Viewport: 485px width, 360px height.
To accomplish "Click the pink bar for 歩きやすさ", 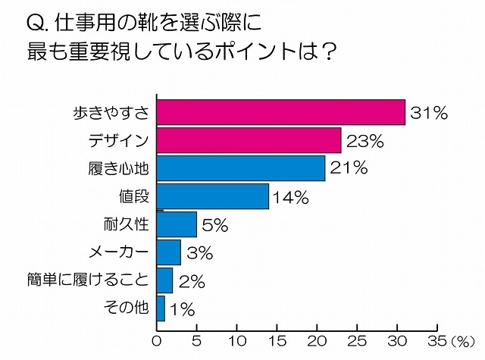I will point(280,113).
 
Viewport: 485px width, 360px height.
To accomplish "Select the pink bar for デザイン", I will point(249,141).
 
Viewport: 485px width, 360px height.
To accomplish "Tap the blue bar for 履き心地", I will point(240,168).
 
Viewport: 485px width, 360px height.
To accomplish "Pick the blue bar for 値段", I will point(212,196).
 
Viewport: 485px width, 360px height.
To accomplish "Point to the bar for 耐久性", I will point(176,224).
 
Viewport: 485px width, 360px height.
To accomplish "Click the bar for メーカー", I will point(168,252).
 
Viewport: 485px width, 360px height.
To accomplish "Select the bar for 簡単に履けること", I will point(164,280).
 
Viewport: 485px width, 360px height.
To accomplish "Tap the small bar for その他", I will point(161,308).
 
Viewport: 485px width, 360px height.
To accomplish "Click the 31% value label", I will point(429,114).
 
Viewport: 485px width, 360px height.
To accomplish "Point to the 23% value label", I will point(365,142).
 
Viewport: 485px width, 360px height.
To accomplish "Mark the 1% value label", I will point(182,308).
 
